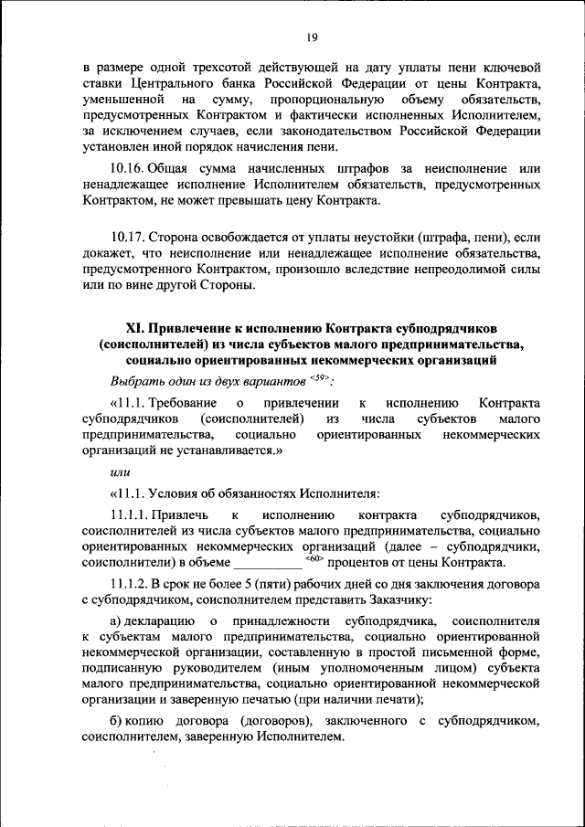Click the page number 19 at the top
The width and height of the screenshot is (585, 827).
tap(312, 37)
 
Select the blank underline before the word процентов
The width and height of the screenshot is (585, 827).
tap(268, 564)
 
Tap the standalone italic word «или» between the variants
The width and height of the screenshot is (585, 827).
tap(119, 472)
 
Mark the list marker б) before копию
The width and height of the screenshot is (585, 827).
tap(117, 722)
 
